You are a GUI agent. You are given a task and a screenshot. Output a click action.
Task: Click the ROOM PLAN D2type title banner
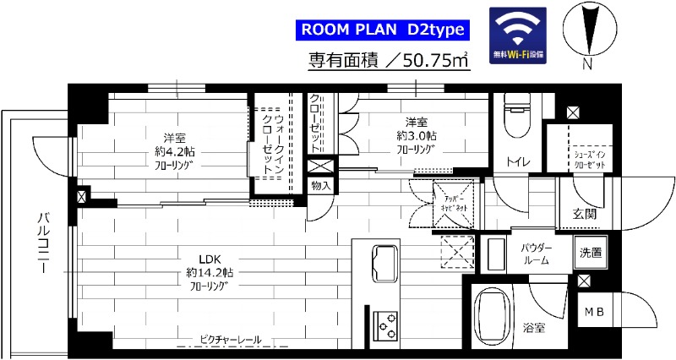click(x=383, y=30)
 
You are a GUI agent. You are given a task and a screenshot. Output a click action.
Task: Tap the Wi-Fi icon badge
click(x=519, y=35)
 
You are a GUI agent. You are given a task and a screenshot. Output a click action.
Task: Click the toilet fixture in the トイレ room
click(x=515, y=118)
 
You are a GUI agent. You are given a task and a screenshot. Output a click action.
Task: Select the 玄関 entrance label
click(x=585, y=214)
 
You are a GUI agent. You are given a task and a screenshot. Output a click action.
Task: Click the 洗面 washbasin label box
click(x=591, y=252)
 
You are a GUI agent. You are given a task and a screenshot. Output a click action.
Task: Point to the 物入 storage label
click(x=320, y=185)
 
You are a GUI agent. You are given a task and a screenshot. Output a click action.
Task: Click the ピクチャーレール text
click(x=231, y=340)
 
